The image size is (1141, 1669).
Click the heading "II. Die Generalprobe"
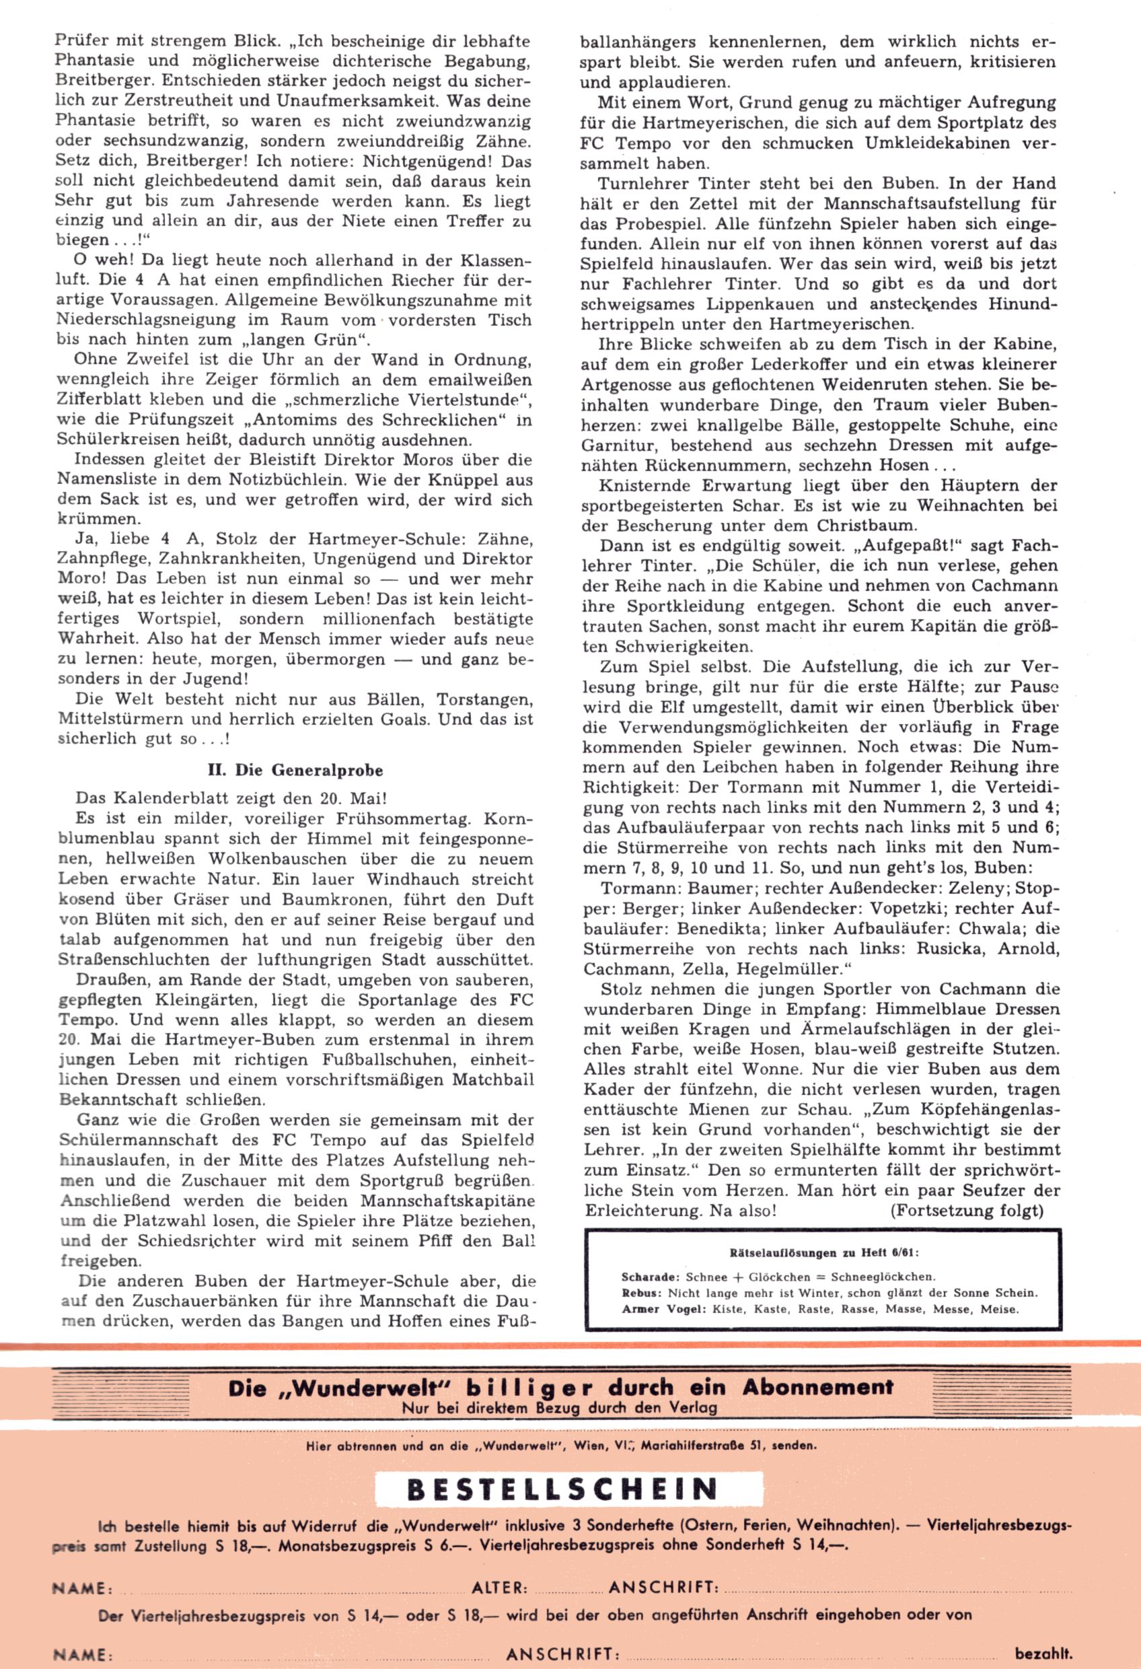pyautogui.click(x=295, y=771)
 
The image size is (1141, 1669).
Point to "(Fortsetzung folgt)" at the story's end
pyautogui.click(x=966, y=1211)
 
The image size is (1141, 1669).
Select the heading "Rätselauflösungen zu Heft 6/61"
pyautogui.click(x=823, y=1252)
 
